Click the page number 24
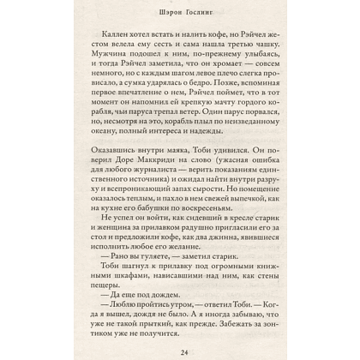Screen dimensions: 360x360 (180, 350)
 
